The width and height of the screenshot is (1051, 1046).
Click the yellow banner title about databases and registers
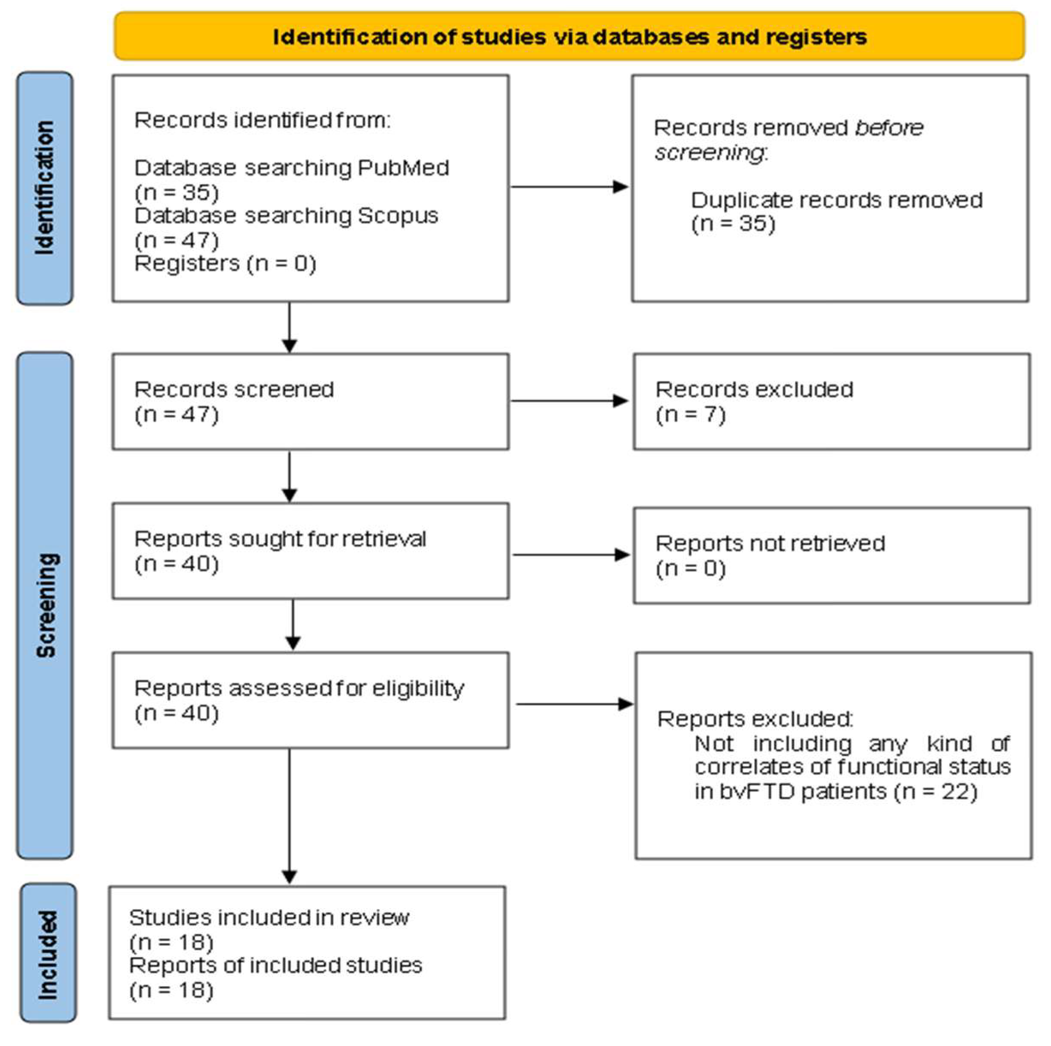(569, 37)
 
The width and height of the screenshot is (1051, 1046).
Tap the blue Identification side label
(45, 188)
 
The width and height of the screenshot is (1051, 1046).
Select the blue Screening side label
(46, 605)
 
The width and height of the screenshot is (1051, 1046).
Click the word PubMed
(403, 168)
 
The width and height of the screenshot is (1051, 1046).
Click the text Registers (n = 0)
(225, 264)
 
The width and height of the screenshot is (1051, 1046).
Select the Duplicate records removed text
(836, 200)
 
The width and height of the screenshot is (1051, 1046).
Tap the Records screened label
(234, 389)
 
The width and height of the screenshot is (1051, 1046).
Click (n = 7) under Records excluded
(690, 415)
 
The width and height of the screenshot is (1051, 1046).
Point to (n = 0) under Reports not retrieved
(690, 569)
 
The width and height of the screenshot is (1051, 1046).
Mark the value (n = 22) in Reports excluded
(936, 791)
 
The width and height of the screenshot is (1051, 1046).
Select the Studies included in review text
(269, 918)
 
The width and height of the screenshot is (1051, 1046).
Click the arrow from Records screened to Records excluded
(569, 401)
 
